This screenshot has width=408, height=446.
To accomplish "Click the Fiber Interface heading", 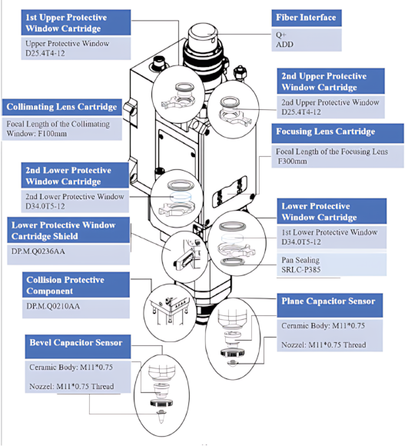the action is [306, 18].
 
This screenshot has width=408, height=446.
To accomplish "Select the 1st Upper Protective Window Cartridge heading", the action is [66, 23].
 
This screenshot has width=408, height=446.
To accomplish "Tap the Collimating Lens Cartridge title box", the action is [61, 107].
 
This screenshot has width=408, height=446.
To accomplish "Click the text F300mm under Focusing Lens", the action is [293, 161].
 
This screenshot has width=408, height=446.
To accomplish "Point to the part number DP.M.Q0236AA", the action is [38, 251].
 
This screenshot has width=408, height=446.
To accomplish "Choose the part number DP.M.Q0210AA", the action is [53, 306].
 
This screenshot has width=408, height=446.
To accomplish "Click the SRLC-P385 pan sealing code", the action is [301, 270].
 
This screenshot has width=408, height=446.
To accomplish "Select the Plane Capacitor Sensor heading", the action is [328, 301].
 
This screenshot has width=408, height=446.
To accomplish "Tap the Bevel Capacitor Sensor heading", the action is [76, 342].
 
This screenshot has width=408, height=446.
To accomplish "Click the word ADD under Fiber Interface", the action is [285, 45].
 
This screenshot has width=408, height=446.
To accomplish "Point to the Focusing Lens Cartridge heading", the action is [326, 131].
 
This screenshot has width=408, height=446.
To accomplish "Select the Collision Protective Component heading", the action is [65, 285].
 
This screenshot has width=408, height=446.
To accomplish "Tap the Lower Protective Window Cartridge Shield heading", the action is [63, 231].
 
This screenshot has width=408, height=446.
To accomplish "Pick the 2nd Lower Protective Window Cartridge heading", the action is [68, 176].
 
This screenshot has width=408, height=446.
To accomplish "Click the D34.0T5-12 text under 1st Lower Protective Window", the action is [301, 242].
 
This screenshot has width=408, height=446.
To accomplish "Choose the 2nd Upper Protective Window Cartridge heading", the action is [324, 82].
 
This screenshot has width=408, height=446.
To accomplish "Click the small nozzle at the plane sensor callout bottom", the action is [233, 363].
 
